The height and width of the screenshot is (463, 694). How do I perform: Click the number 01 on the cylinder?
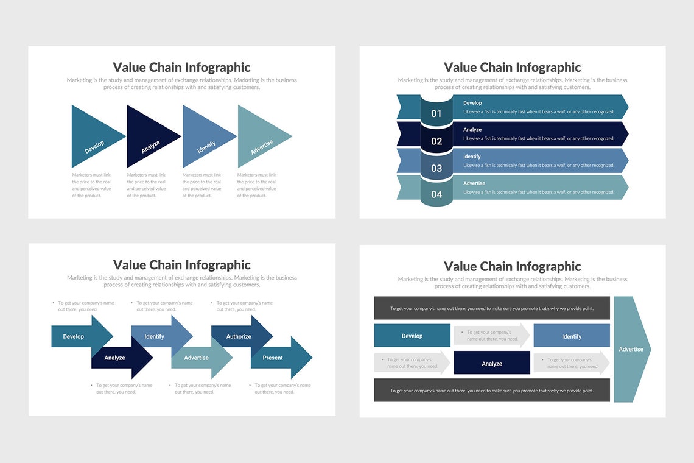tap(436, 113)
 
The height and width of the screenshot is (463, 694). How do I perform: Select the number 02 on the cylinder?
tap(436, 141)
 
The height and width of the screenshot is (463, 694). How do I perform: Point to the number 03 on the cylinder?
tap(436, 168)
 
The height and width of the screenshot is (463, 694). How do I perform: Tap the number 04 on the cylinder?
tap(436, 195)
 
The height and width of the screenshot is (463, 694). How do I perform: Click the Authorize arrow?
tap(239, 336)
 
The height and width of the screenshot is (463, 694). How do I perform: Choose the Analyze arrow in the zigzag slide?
tap(116, 358)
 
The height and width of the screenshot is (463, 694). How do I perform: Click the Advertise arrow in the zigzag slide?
tap(197, 358)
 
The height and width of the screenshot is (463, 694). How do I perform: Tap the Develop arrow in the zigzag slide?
tap(74, 336)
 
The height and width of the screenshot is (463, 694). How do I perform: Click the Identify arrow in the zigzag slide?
tap(155, 336)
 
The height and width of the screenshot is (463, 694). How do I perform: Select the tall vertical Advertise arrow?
tap(631, 349)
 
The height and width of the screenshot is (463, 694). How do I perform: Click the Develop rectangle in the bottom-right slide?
tap(412, 336)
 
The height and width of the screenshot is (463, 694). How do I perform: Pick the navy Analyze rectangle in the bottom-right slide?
tap(492, 363)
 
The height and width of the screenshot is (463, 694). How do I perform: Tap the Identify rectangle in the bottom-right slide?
tap(572, 336)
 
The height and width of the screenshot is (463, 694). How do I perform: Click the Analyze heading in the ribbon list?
tap(472, 130)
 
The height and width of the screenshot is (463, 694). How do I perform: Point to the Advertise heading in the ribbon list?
tap(474, 183)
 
